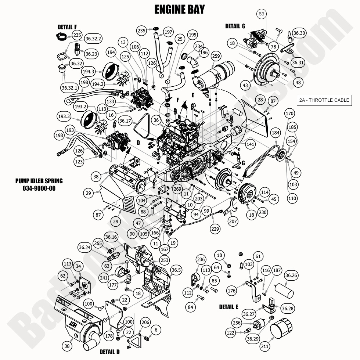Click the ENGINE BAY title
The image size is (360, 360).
click(179, 9)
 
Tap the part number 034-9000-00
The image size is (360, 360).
click(39, 188)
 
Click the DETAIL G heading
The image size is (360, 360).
click(235, 26)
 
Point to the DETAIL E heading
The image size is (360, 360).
click(229, 307)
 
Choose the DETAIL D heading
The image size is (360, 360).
click(109, 352)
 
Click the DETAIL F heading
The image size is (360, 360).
click(67, 27)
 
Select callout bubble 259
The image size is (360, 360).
click(216, 56)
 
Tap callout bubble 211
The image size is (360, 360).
click(264, 346)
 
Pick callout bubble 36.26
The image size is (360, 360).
click(292, 275)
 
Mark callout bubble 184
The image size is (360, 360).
click(275, 132)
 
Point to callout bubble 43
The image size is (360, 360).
click(244, 85)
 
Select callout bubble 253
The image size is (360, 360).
click(165, 260)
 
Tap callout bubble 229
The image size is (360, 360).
click(215, 229)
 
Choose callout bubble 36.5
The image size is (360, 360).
click(176, 270)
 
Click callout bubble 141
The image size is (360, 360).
click(250, 144)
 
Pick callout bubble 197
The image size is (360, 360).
click(168, 32)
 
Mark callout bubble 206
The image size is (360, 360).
click(146, 322)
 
